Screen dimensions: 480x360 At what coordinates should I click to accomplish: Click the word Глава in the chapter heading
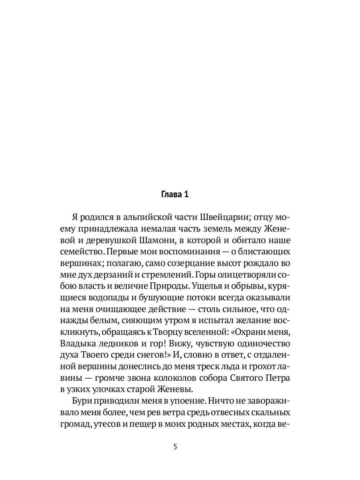pos(170,195)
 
